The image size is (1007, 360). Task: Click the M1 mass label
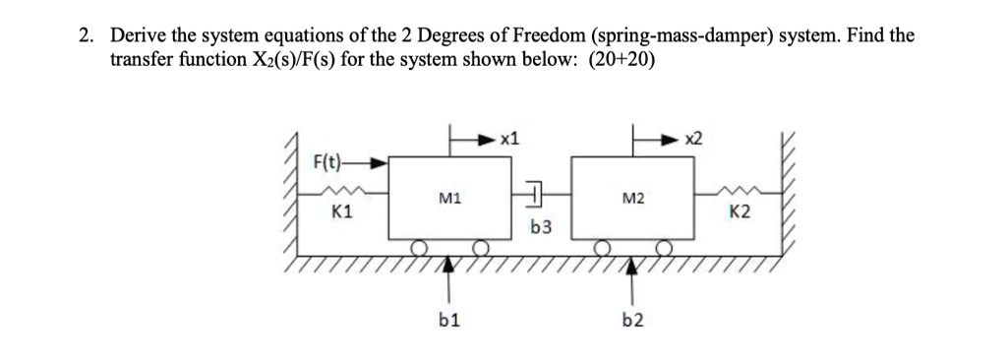(x=445, y=200)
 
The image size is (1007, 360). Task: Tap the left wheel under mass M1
(x=418, y=246)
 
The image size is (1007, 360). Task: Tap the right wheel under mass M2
(x=665, y=246)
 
